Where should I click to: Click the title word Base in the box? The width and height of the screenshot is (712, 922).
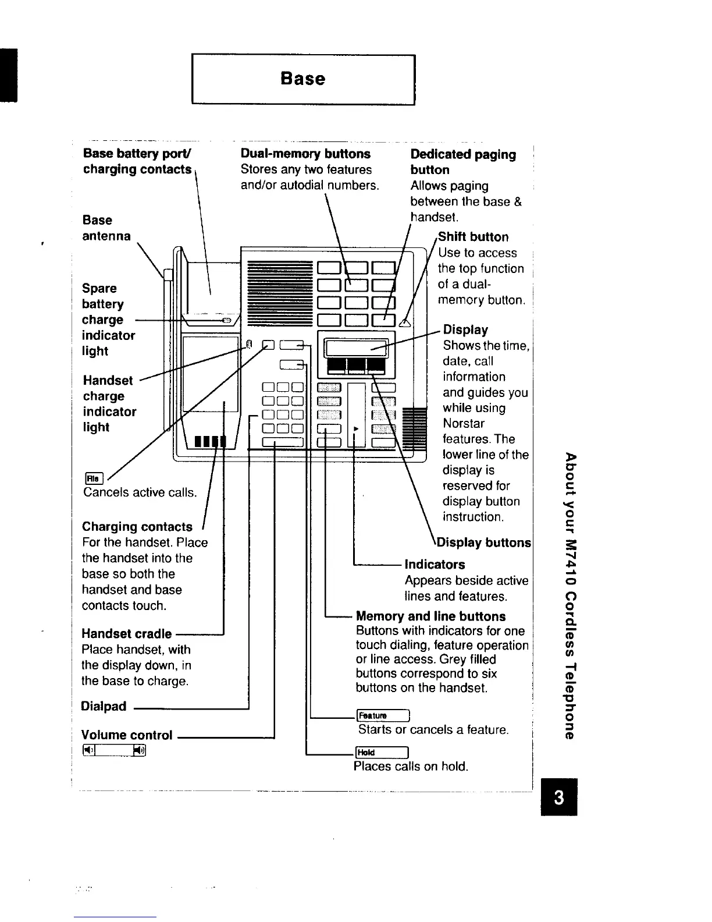302,79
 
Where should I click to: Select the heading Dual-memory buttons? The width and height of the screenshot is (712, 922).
305,154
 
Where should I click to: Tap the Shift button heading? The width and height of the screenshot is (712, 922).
474,237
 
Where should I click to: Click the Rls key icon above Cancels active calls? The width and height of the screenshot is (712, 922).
94,478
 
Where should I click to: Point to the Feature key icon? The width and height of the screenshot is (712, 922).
384,716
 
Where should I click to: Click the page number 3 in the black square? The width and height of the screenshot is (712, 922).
558,797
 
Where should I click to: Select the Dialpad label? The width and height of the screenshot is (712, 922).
104,707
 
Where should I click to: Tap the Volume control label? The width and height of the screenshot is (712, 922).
127,735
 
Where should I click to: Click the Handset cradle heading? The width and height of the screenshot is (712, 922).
127,634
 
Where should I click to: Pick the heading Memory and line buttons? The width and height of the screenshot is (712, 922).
430,616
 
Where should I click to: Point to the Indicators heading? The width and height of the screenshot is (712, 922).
435,565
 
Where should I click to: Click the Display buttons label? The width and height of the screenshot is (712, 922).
484,543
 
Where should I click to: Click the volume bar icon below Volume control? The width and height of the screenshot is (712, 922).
114,751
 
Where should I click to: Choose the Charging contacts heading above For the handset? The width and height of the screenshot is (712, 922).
137,527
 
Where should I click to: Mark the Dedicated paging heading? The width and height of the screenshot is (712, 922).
463,155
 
